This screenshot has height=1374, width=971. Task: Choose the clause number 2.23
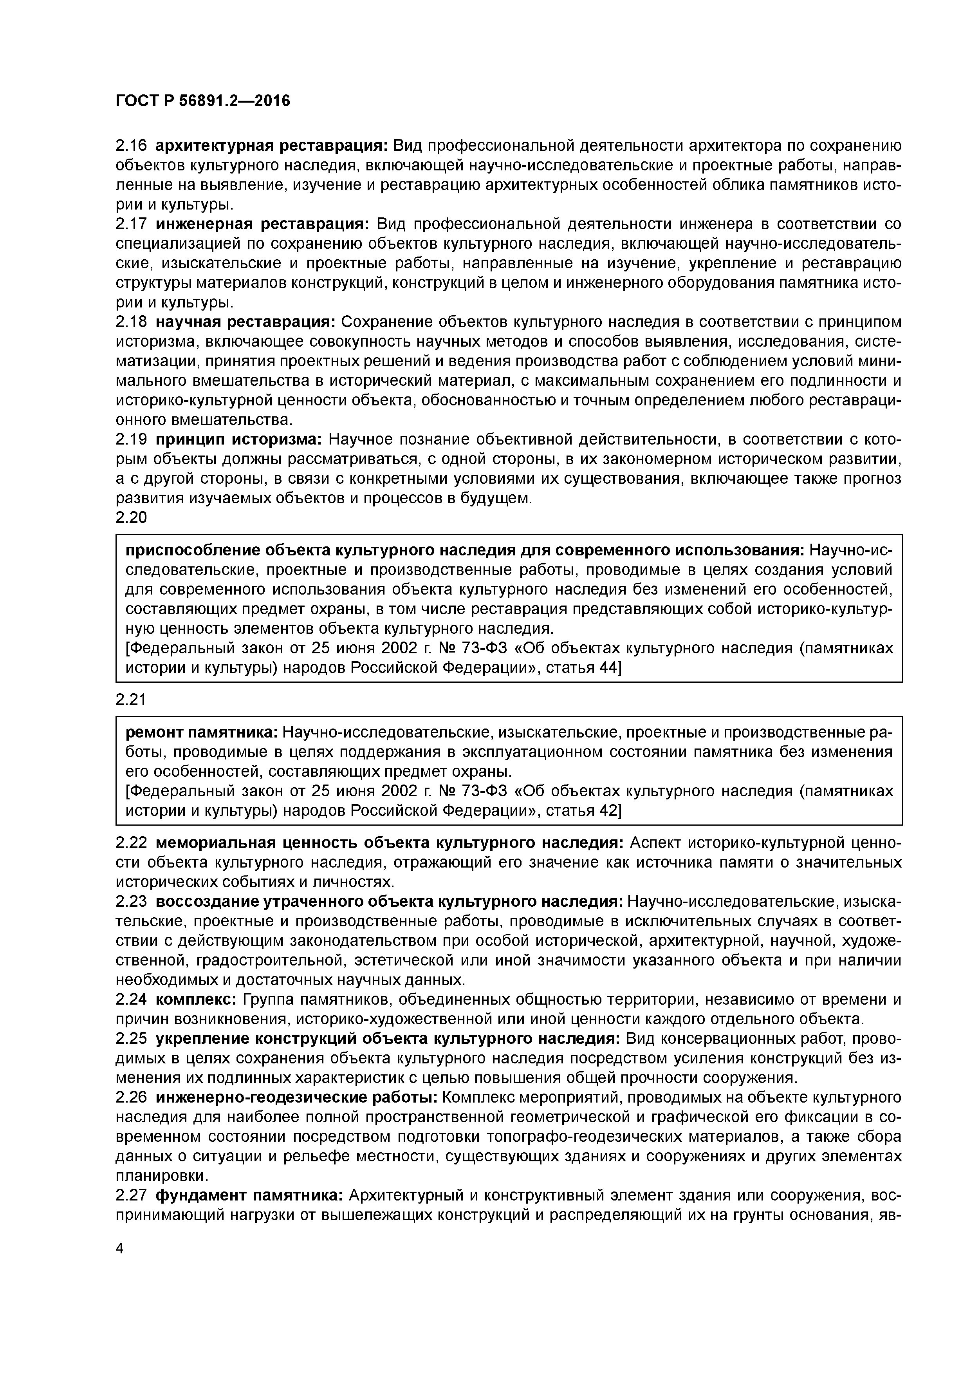click(x=130, y=902)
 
